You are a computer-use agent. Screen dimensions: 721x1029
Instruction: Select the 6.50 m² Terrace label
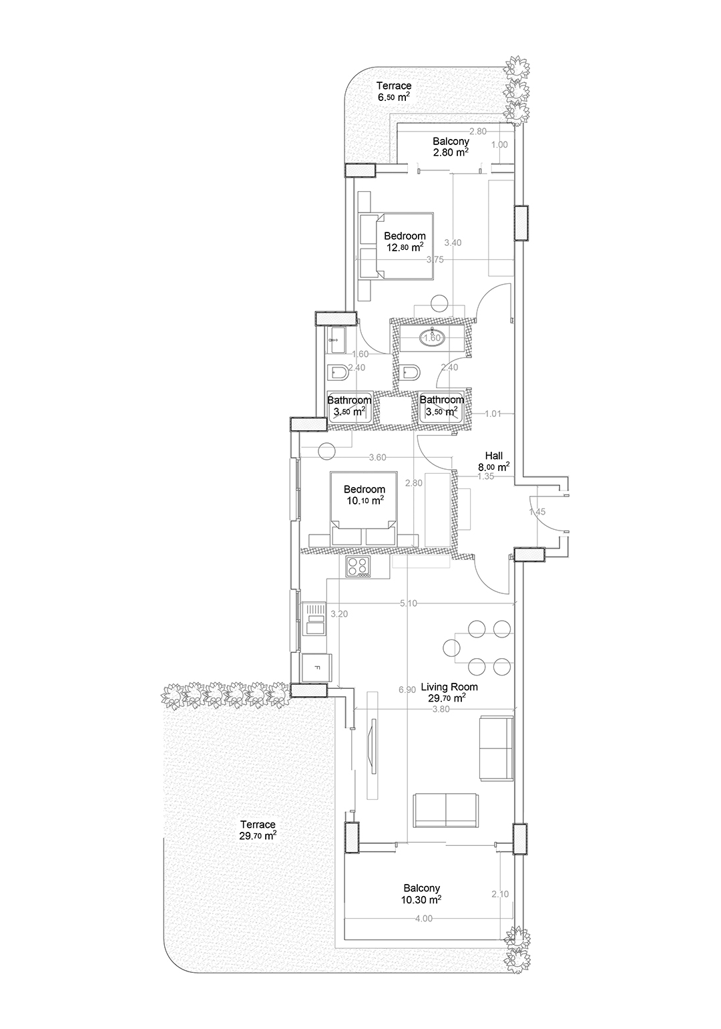pyautogui.click(x=394, y=91)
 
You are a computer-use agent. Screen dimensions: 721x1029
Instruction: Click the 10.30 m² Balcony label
pyautogui.click(x=421, y=893)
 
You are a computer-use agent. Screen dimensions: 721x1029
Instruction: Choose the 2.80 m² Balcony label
pyautogui.click(x=451, y=146)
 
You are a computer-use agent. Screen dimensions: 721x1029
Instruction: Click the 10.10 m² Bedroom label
pyautogui.click(x=365, y=494)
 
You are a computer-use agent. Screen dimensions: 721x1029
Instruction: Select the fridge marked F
pyautogui.click(x=316, y=668)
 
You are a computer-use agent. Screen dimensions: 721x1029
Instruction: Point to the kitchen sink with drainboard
pyautogui.click(x=314, y=619)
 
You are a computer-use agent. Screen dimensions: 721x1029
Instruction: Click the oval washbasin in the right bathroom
pyautogui.click(x=431, y=337)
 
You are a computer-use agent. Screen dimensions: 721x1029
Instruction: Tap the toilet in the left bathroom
pyautogui.click(x=339, y=373)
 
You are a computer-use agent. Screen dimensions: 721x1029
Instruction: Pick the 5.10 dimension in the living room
pyautogui.click(x=408, y=603)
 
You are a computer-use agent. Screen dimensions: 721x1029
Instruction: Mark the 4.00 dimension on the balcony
pyautogui.click(x=423, y=918)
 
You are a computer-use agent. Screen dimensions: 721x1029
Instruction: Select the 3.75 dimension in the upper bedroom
pyautogui.click(x=435, y=259)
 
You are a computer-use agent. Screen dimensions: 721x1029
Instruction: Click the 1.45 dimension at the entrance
pyautogui.click(x=537, y=512)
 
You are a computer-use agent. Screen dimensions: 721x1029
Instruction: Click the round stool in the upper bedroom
pyautogui.click(x=439, y=303)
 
